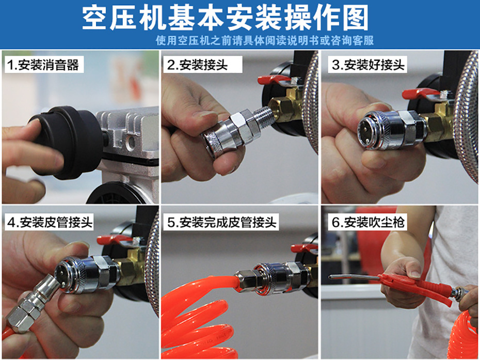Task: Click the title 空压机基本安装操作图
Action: (x=226, y=19)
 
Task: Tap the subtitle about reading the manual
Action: (x=264, y=40)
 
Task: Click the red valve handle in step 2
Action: (x=274, y=80)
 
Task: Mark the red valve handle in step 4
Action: (x=114, y=240)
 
